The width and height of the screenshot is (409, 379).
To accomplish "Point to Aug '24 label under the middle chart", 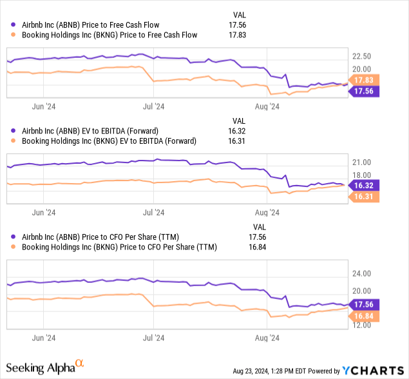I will (x=266, y=211).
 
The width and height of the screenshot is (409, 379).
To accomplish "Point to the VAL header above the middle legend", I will (x=238, y=121).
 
